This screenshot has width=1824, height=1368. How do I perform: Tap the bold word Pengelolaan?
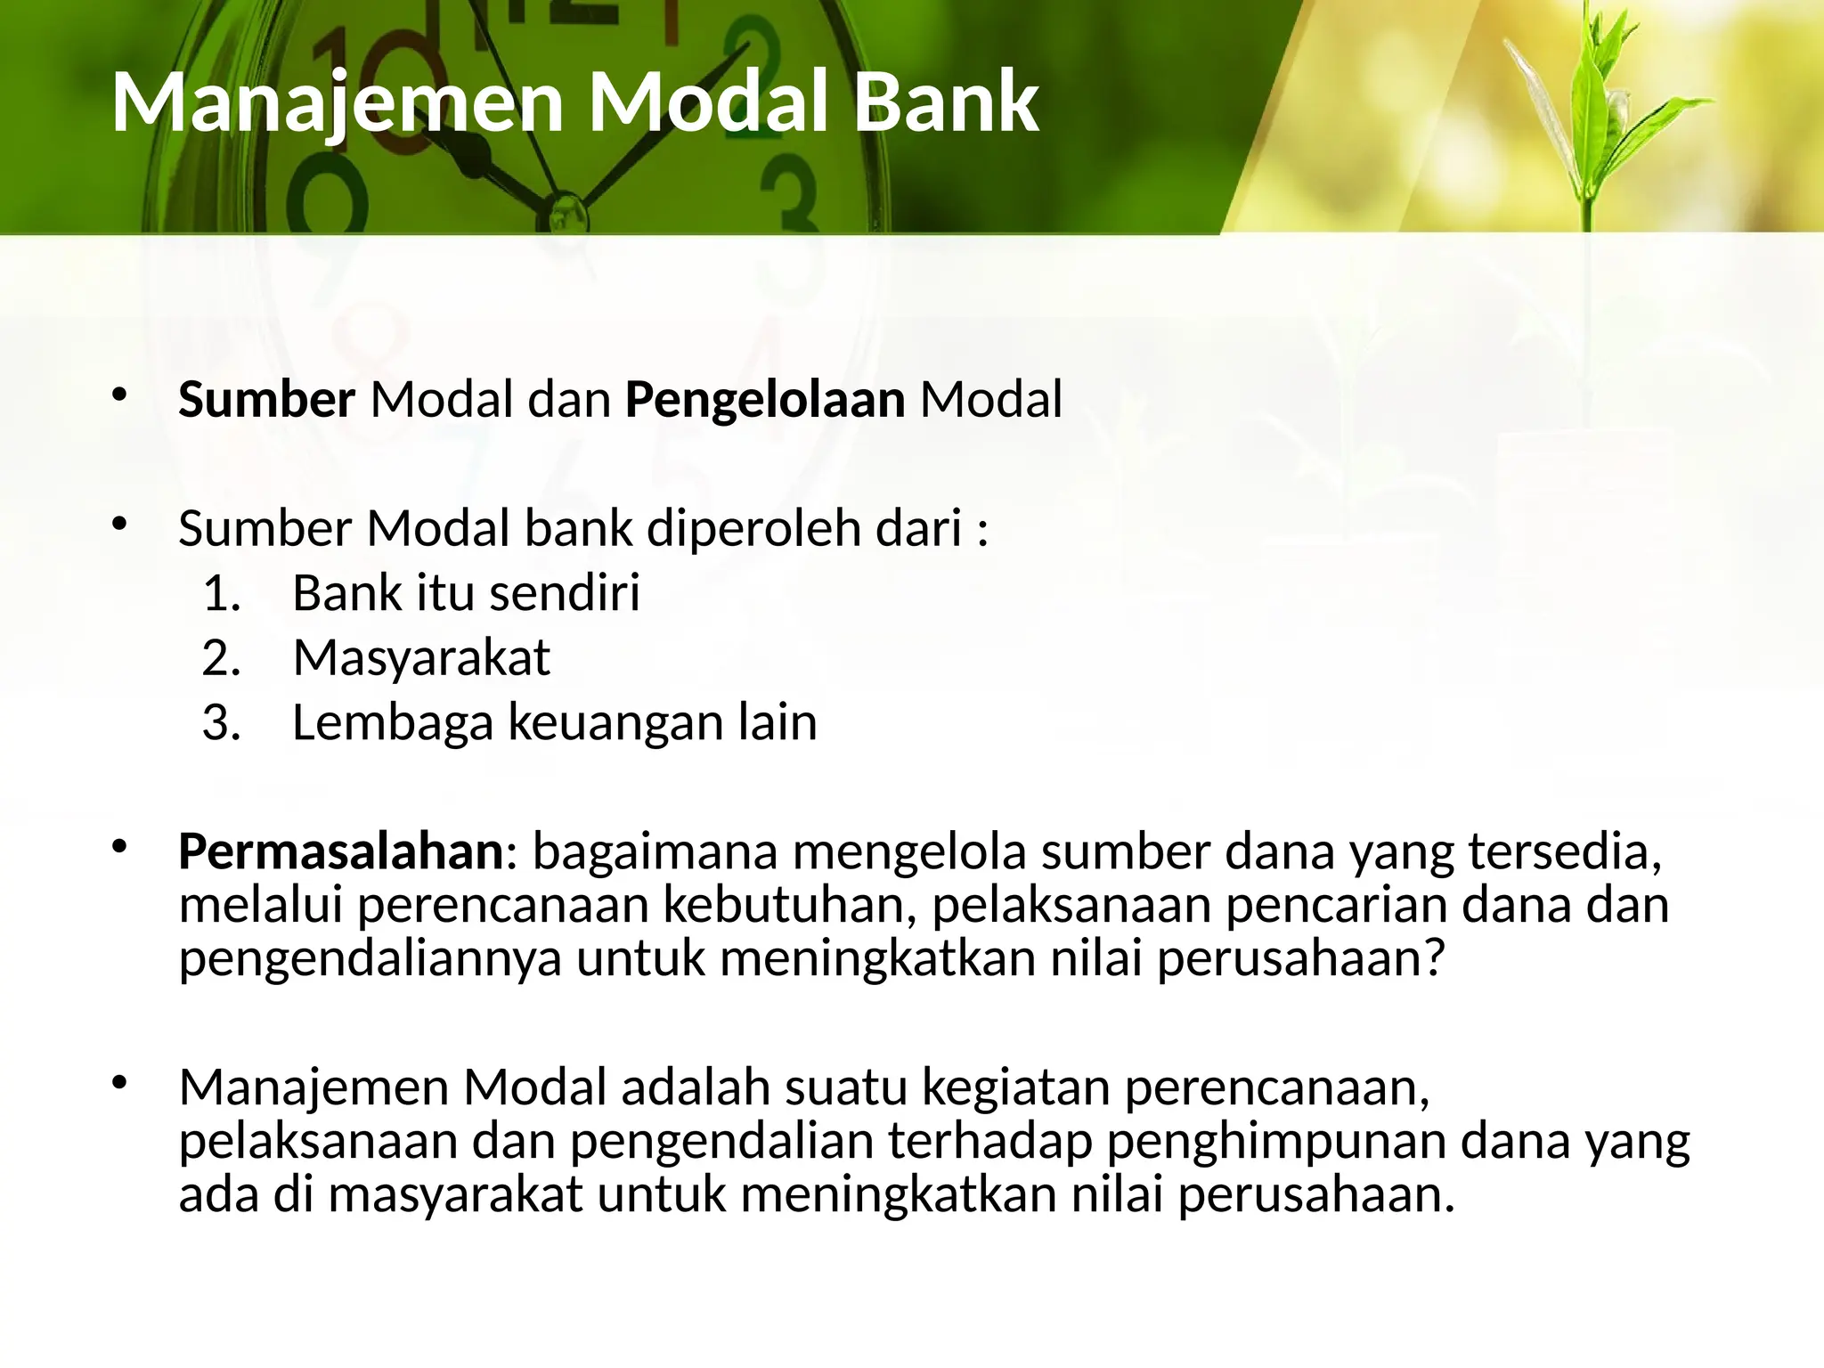765,399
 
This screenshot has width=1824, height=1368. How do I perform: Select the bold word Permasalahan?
341,851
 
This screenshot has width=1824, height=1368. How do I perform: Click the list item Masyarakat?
421,657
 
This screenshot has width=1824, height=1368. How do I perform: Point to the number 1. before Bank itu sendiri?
222,593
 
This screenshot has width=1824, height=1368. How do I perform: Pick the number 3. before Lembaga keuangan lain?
222,721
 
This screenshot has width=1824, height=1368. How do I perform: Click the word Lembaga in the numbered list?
392,721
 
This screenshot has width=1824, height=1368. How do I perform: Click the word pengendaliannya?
370,958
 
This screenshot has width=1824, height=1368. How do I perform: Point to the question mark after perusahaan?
1433,958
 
